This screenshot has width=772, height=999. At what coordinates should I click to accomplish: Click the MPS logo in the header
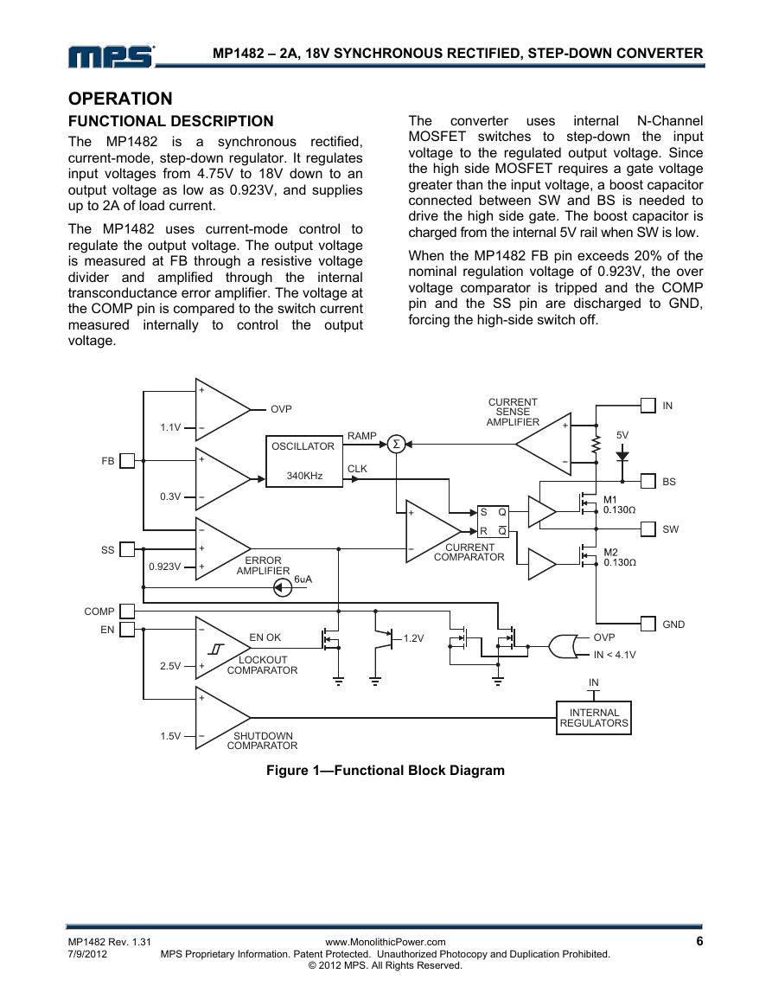[112, 56]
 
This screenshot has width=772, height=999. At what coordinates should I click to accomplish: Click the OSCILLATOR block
[303, 461]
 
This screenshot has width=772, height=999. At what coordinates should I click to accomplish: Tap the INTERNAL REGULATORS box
[594, 718]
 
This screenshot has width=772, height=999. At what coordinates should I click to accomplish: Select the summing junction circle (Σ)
[396, 444]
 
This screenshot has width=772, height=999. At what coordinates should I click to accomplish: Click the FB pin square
[127, 461]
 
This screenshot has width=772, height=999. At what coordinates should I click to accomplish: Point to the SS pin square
[127, 549]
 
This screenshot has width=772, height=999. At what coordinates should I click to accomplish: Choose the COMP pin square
[127, 611]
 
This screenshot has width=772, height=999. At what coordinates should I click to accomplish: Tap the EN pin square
[127, 630]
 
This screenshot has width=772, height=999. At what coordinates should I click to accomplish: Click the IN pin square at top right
[648, 405]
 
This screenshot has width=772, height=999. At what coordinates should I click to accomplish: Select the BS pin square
[648, 481]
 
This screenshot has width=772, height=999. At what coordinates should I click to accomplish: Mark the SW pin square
[648, 528]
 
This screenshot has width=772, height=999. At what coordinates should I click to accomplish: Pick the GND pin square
[648, 623]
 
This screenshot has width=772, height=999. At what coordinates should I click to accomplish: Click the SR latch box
[493, 522]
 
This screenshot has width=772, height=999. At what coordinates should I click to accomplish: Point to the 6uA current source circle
[283, 587]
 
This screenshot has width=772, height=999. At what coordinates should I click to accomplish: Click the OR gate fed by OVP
[565, 646]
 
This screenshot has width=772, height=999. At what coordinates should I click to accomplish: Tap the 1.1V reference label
[170, 427]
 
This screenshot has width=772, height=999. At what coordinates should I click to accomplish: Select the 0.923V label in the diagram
[165, 567]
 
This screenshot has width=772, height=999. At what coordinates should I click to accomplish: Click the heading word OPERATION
[120, 99]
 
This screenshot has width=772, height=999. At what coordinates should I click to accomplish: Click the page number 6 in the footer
[699, 941]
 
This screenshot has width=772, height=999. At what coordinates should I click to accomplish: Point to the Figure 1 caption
[386, 771]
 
